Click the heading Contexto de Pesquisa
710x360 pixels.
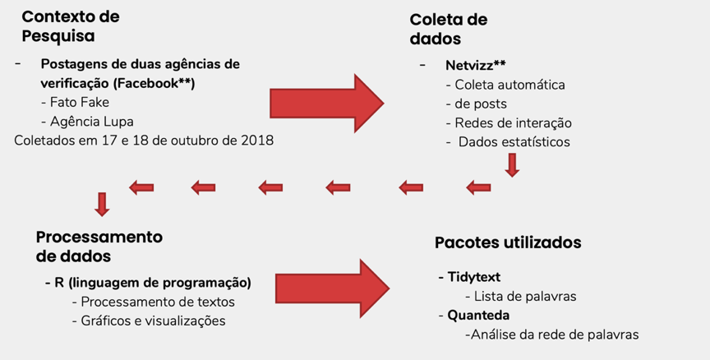click(71, 26)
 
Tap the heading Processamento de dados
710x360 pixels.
click(99, 247)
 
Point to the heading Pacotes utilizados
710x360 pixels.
click(508, 242)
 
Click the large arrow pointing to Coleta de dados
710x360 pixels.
click(327, 104)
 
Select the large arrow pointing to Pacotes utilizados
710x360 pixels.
click(332, 288)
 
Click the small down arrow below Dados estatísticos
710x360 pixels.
click(512, 165)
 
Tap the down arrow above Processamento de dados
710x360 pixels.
click(102, 204)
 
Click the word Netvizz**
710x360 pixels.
click(476, 65)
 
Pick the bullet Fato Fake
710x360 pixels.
click(75, 103)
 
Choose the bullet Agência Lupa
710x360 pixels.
click(87, 122)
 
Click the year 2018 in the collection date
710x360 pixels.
click(258, 141)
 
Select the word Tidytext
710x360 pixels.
click(474, 277)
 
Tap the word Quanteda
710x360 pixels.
click(478, 315)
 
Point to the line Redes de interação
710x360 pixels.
click(509, 122)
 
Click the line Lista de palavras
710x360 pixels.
click(521, 296)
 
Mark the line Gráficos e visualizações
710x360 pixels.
click(149, 321)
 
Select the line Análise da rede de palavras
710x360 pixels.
click(552, 335)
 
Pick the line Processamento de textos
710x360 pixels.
click(154, 302)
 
